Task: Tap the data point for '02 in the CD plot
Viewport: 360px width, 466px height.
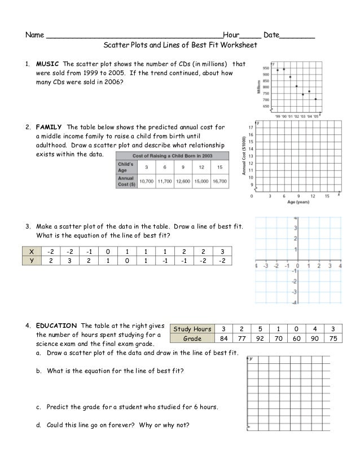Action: click(x=296, y=86)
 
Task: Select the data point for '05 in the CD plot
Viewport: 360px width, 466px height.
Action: click(x=315, y=99)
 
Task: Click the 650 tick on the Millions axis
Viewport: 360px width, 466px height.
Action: click(x=265, y=106)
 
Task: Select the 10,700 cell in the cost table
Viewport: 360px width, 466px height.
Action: click(x=147, y=180)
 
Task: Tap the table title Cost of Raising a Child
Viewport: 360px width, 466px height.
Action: click(x=172, y=155)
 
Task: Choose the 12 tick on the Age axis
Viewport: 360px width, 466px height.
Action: click(x=313, y=196)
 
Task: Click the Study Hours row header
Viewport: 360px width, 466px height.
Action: click(x=192, y=329)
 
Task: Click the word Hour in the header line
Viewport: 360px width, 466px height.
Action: click(x=232, y=35)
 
